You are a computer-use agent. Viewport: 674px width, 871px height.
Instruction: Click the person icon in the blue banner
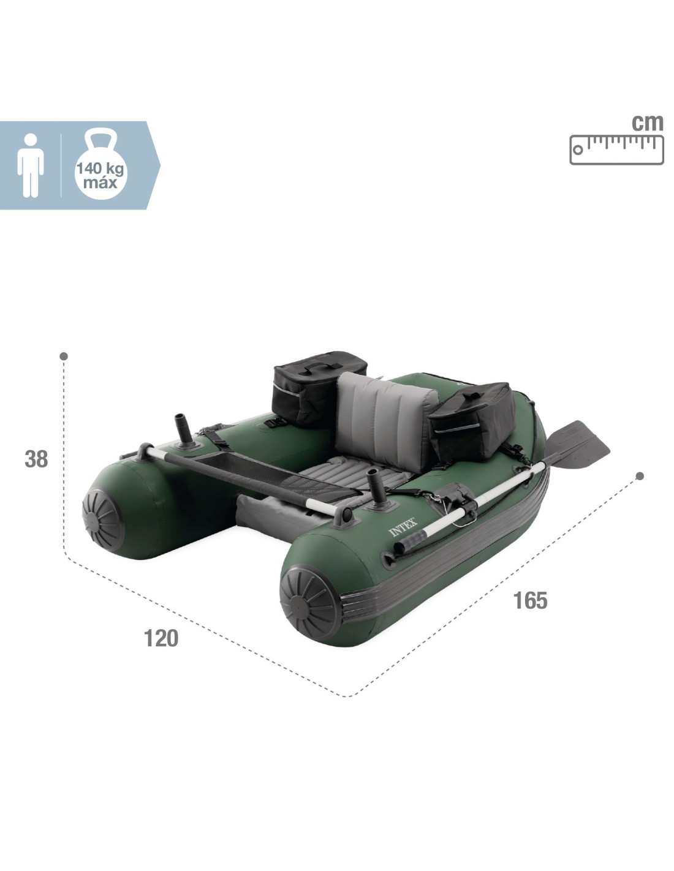coord(31,165)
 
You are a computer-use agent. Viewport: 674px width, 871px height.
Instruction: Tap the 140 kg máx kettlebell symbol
coord(101,164)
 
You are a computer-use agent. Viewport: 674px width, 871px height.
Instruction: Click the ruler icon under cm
coord(616,150)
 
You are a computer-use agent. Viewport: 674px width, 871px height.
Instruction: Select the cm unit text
coord(647,123)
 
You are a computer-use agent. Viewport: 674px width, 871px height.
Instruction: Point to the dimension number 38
coord(36,459)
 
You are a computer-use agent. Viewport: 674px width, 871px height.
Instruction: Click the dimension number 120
coord(161,638)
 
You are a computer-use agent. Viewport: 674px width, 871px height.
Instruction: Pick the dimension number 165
coord(530,600)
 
